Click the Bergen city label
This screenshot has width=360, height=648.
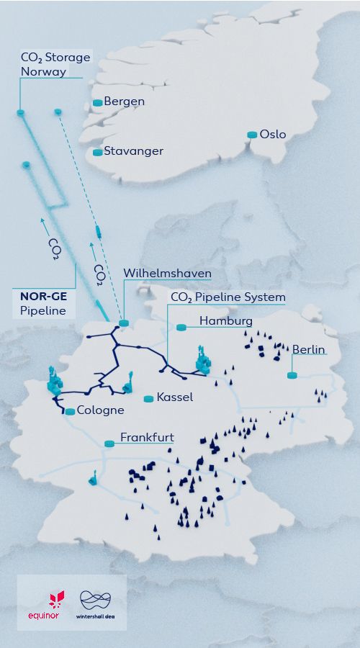pos(124,102)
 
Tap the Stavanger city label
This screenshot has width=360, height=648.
pos(133,151)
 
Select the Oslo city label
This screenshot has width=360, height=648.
pos(273,135)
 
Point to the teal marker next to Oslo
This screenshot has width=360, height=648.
pos(252,135)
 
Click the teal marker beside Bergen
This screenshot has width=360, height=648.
pos(98,103)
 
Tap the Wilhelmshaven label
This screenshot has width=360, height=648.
pos(167,274)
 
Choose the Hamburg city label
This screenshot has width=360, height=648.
pos(225,320)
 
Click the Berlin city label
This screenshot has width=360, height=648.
pos(308,350)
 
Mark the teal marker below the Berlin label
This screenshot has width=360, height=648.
pos(292,375)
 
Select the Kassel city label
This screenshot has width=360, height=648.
pos(174,397)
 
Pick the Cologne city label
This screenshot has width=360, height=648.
pos(101,410)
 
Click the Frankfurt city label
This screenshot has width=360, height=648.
pos(147,437)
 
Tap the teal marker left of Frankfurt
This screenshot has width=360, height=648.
pos(109,444)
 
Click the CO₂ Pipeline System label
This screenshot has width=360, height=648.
pos(228,297)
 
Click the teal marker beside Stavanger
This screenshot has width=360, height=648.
pos(98,152)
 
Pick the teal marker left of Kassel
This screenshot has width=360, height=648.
pos(148,398)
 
